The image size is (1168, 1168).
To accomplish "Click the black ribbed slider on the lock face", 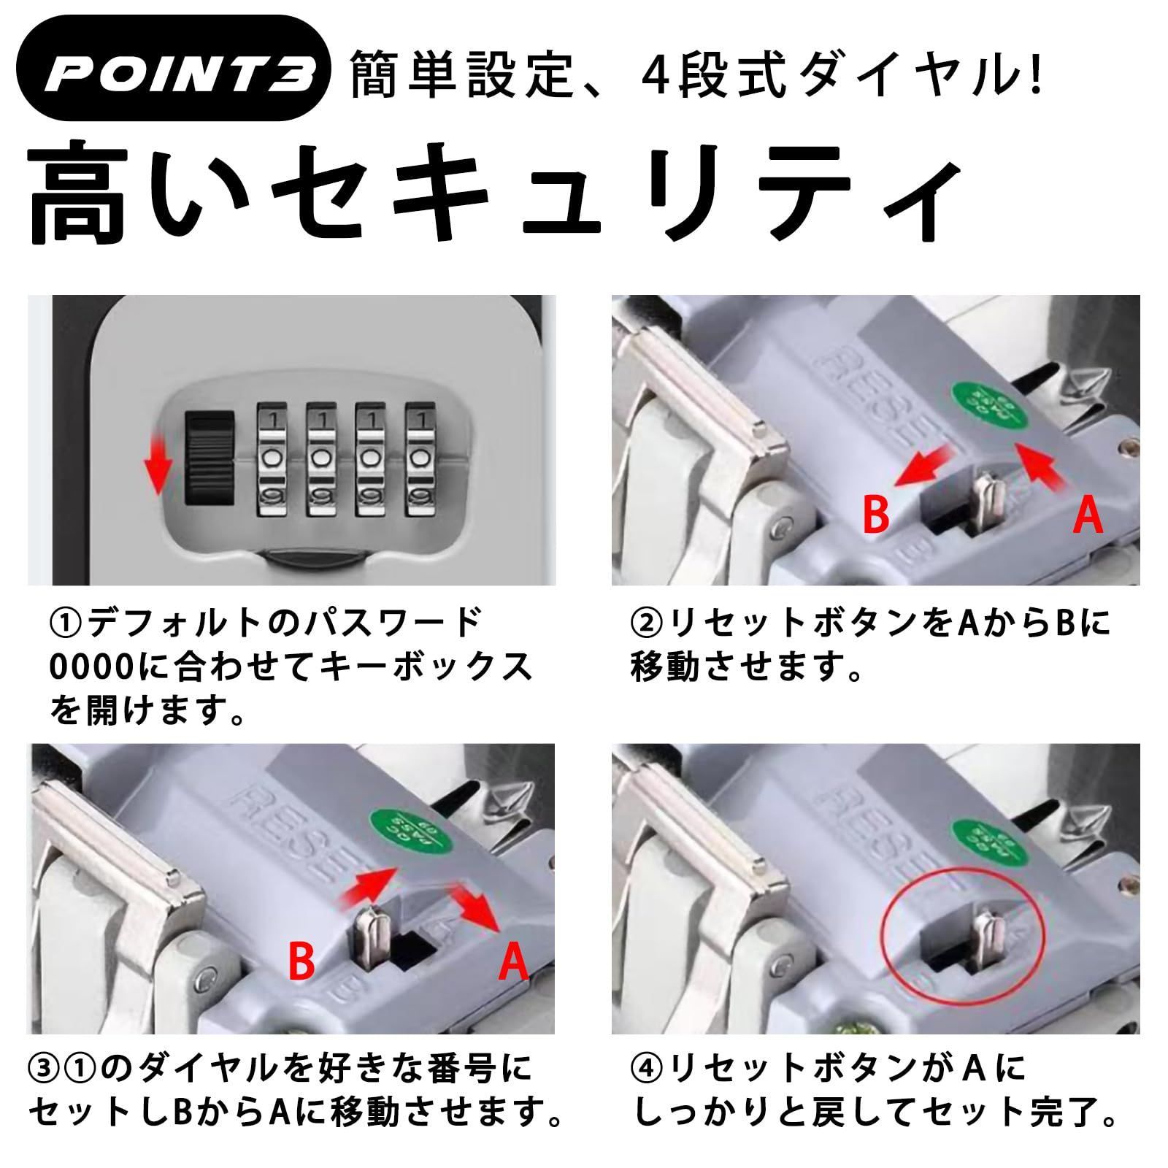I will coord(210,458).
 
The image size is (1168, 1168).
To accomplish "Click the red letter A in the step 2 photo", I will coord(1088,516).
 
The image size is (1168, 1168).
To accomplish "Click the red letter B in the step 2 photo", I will coord(876,515).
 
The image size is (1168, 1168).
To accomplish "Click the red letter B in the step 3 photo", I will coord(301,961).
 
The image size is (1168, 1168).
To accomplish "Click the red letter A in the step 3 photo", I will coord(512,961).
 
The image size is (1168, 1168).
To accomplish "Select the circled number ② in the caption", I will coord(645,623).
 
